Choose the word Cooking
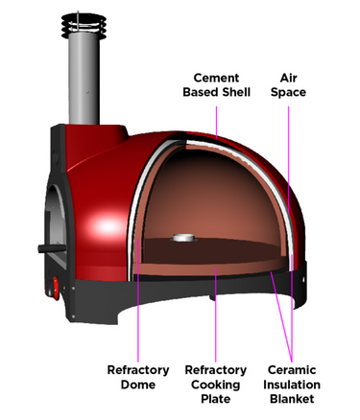click(x=217, y=385)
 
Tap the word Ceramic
click(x=292, y=370)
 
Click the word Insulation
click(x=292, y=385)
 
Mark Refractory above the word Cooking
click(x=217, y=370)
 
